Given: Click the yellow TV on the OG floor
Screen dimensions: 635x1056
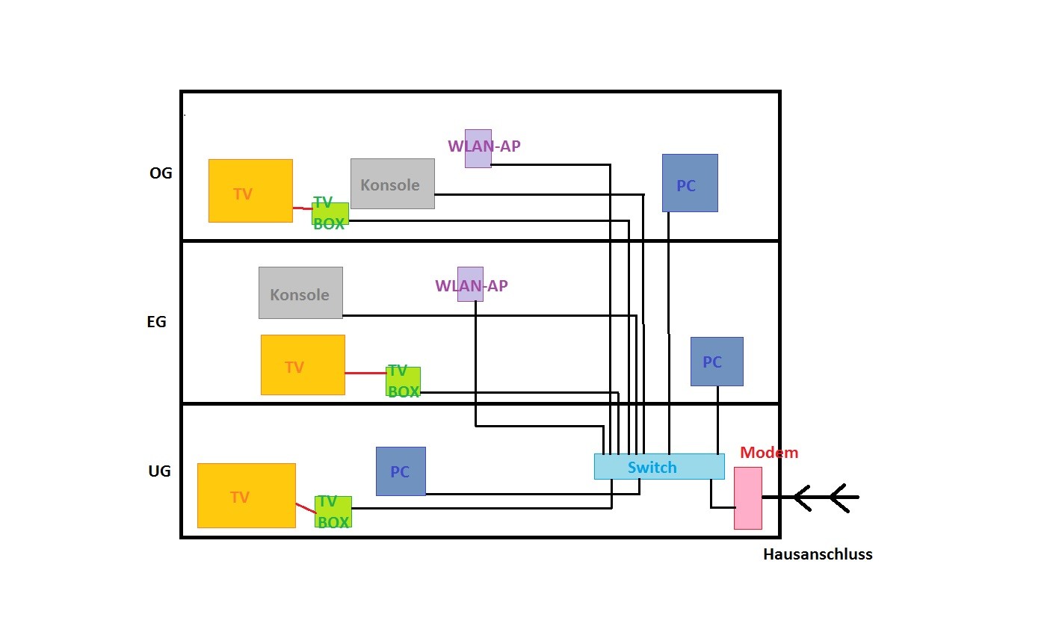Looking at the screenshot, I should (250, 190).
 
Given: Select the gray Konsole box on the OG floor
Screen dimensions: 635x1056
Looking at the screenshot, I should (392, 184).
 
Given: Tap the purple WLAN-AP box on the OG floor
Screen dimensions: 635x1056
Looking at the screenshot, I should (478, 149).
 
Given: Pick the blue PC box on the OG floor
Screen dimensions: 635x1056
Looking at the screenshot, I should (690, 183).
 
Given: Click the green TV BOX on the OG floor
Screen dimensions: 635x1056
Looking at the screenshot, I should (330, 214).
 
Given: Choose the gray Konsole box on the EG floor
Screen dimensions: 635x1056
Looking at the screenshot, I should (300, 293).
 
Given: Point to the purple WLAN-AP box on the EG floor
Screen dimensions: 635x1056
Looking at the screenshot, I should (470, 284).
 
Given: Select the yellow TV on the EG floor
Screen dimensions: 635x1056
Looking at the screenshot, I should (303, 365).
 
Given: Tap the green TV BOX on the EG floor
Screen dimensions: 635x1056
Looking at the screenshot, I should (403, 381).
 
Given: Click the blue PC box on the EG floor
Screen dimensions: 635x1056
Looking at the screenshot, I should (717, 362).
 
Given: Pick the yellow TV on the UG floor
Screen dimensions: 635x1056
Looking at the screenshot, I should (247, 495).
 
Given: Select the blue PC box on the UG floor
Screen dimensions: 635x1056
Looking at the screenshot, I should (401, 471).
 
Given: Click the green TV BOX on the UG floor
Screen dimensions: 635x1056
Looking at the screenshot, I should (333, 512).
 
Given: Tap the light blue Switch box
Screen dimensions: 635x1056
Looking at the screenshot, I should (659, 467).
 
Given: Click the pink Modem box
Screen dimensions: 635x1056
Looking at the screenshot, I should (748, 498).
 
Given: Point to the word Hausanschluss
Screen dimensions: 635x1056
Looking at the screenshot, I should (818, 554).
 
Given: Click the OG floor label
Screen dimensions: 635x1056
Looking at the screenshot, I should (161, 173).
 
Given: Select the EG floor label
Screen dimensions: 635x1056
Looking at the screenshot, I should (157, 322).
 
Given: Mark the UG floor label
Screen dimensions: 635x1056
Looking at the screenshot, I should (159, 471).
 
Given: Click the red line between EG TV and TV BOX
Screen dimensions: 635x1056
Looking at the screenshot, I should (365, 373).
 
